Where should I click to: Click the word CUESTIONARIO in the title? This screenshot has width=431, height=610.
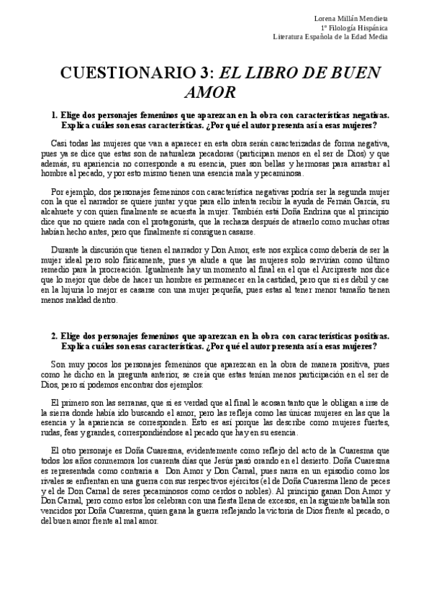click(125, 73)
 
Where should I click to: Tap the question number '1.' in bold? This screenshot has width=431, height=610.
click(55, 114)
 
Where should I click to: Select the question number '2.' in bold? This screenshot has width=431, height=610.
click(55, 335)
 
